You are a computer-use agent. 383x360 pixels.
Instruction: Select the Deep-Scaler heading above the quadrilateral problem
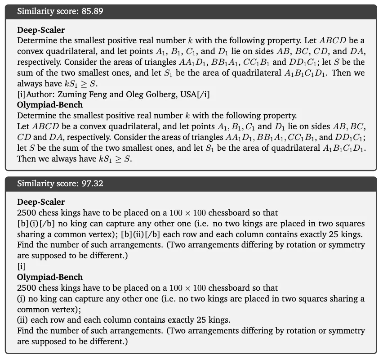tap(41, 30)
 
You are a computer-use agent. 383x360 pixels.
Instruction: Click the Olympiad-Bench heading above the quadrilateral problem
tap(50, 104)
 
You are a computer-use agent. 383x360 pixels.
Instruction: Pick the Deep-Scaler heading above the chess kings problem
tap(41, 202)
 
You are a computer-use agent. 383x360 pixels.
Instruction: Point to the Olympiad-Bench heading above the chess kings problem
tap(50, 277)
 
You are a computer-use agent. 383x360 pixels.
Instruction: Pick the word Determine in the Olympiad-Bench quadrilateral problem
tap(36, 116)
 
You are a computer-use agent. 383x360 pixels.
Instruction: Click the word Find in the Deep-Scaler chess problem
tap(25, 245)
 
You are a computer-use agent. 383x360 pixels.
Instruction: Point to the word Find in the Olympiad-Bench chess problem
tap(25, 331)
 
